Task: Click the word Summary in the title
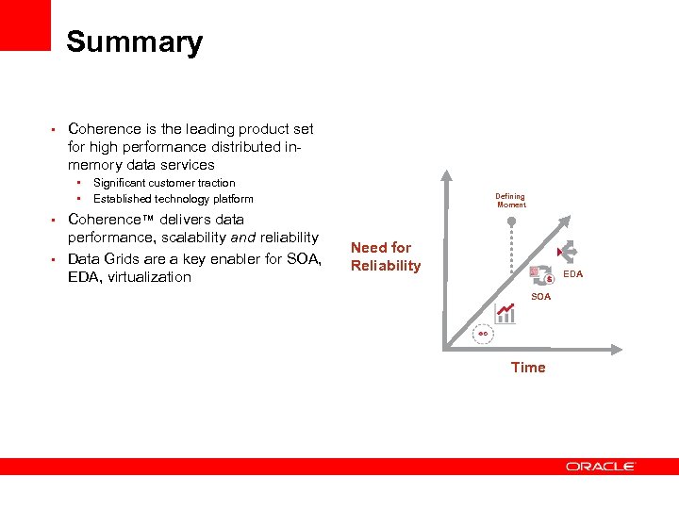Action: coord(134,42)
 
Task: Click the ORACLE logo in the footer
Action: coord(601,466)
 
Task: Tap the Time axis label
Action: coord(528,368)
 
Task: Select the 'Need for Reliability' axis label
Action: coord(386,256)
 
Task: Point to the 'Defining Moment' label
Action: coord(511,201)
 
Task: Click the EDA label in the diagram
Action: coord(573,274)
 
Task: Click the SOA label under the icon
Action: coord(540,297)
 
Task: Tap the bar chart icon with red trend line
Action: coord(505,313)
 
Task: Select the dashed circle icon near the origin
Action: coord(482,334)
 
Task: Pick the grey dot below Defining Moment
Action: coord(511,222)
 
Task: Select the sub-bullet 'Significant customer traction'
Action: coord(164,183)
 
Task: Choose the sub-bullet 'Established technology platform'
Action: coord(173,199)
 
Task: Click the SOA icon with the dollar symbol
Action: coord(540,276)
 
